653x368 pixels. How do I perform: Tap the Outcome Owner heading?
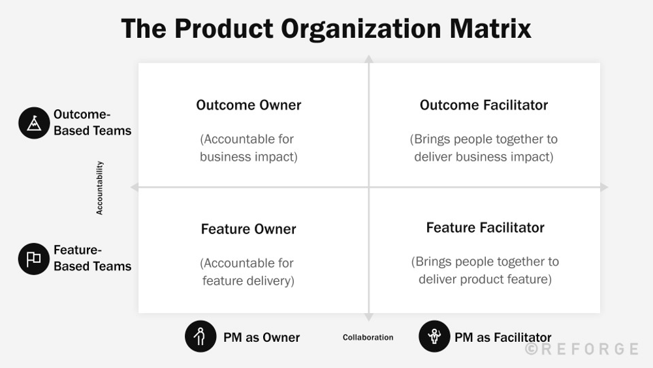(249, 105)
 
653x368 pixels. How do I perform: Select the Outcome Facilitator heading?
(484, 105)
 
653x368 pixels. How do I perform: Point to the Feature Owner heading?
(249, 229)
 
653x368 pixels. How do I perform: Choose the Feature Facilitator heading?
(485, 227)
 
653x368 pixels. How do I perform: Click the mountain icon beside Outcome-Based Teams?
(34, 123)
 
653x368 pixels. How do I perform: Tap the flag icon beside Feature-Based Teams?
(34, 259)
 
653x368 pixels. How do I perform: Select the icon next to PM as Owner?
(200, 337)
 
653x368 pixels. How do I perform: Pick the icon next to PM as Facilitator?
(434, 337)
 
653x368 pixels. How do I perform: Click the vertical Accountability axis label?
(100, 188)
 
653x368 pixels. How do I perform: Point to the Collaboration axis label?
(368, 337)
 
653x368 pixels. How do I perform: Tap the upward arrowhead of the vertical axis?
(369, 59)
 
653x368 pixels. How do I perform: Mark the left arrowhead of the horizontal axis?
(135, 188)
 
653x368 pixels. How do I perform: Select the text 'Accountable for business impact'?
(247, 148)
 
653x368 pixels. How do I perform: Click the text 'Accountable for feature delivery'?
(247, 272)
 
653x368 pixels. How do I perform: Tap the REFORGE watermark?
(582, 349)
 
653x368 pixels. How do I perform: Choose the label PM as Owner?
(261, 338)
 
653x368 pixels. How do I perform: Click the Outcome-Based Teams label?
(92, 123)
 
